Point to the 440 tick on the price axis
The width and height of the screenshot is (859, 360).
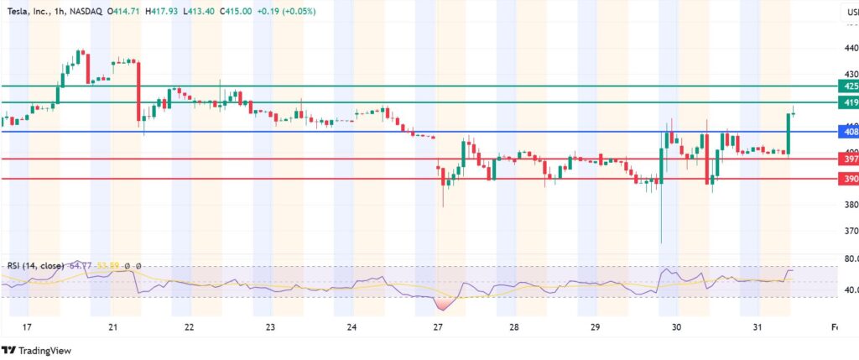[x=849, y=48]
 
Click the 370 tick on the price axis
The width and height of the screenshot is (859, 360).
[x=849, y=231]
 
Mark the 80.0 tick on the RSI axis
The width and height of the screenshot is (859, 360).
[x=849, y=259]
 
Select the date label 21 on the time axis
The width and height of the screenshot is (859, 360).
[x=112, y=327]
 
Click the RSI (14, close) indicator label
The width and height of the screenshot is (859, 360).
[x=33, y=265]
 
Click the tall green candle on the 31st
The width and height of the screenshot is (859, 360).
[x=789, y=133]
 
